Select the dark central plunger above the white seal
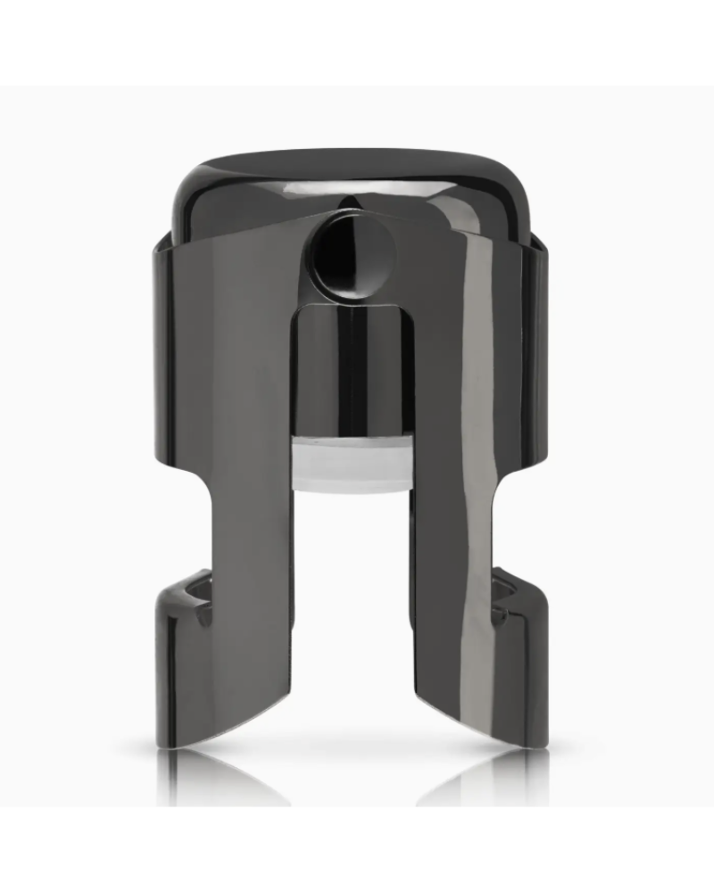[349, 375]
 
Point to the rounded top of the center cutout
[349, 308]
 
